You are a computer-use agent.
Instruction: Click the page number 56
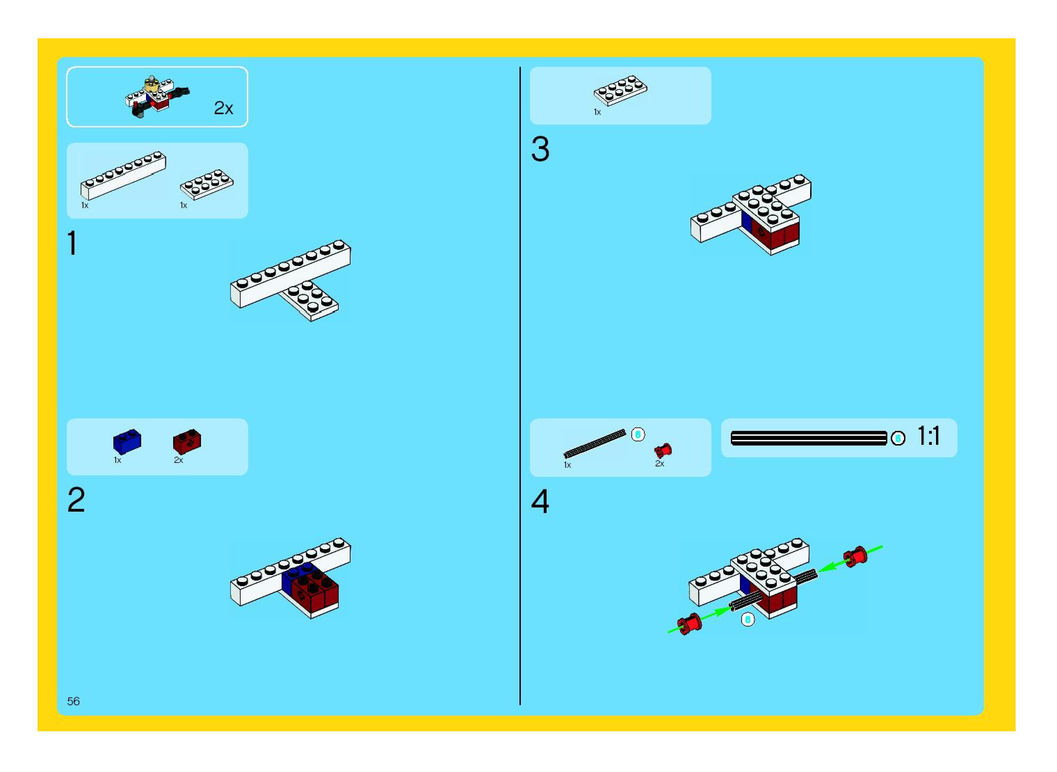click(x=73, y=701)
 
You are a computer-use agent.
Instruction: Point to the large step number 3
click(x=540, y=150)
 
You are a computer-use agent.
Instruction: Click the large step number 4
click(x=540, y=502)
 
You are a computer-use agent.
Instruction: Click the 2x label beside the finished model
click(x=223, y=108)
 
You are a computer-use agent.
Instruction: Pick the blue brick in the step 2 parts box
click(x=127, y=441)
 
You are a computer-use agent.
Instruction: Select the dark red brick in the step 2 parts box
click(x=187, y=441)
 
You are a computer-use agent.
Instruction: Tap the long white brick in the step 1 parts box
click(x=123, y=176)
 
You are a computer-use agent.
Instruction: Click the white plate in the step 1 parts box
click(x=207, y=184)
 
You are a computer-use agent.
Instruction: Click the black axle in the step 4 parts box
click(x=595, y=443)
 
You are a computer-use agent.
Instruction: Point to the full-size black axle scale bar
click(x=809, y=438)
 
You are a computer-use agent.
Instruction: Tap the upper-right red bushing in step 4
click(x=855, y=557)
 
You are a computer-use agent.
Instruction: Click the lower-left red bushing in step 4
click(x=689, y=624)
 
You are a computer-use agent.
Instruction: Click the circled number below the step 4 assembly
click(x=748, y=620)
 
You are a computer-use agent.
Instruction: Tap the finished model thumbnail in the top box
click(x=158, y=97)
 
